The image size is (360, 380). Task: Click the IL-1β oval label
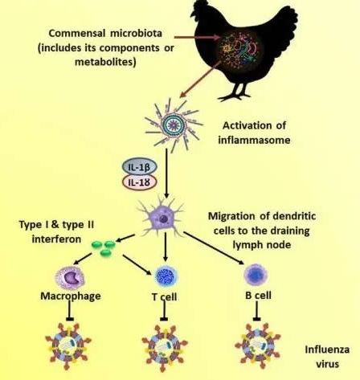139,167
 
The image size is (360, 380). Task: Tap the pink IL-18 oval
139,182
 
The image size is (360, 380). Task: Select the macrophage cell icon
70,278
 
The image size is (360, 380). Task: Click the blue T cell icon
166,276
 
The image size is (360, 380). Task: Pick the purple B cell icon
256,275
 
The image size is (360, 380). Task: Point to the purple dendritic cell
162,218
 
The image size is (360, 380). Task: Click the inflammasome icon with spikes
174,125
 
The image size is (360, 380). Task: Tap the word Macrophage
71,296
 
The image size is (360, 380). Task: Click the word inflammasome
254,140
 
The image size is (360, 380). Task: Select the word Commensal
77,34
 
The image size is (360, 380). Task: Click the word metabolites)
105,62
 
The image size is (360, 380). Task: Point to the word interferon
56,239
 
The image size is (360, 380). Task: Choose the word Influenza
327,349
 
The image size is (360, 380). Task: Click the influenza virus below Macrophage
68,345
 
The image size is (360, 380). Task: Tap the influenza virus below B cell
258,345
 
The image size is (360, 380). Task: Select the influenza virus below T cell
165,348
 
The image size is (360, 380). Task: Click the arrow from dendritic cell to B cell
214,248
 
